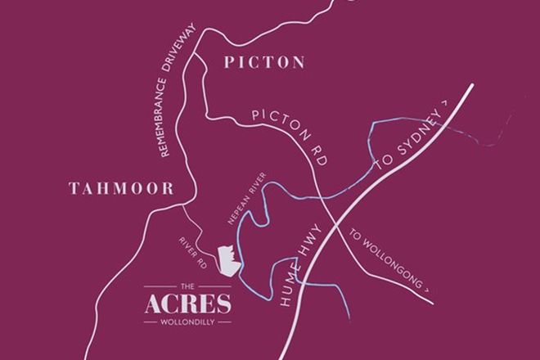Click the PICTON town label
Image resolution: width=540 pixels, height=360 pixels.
tap(263, 62)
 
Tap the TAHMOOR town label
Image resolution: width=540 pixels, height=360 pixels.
tap(122, 189)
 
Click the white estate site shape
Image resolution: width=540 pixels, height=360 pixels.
tap(227, 261)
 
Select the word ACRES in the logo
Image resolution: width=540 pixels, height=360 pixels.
tap(187, 304)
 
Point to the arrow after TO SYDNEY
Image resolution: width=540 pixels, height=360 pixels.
tap(445, 102)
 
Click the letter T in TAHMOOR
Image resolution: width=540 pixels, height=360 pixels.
tap(74, 189)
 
